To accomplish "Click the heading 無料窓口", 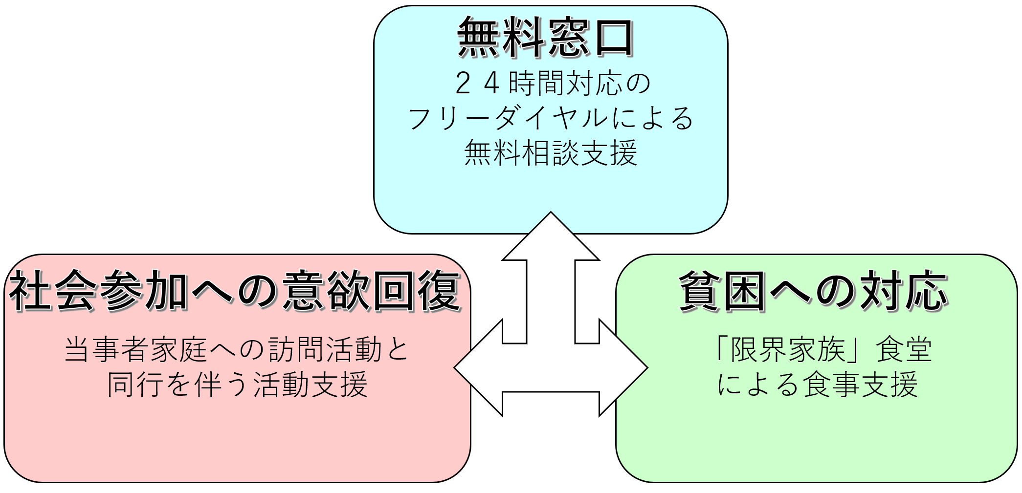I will [x=546, y=39].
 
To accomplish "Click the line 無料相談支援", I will [x=551, y=153].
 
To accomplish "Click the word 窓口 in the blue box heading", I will [x=590, y=39].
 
